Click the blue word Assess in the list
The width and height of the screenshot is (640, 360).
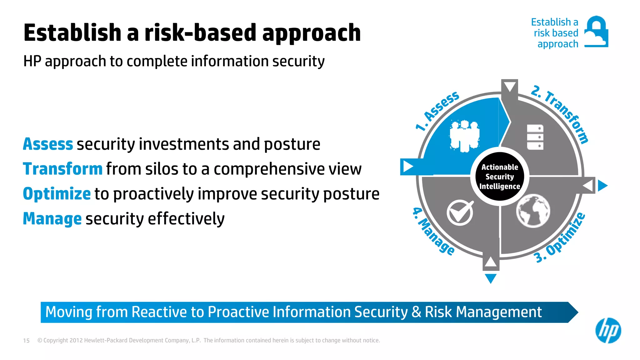click(48, 144)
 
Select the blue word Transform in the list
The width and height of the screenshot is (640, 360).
click(62, 169)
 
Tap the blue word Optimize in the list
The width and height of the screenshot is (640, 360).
click(57, 194)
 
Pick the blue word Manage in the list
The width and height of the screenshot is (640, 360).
click(52, 218)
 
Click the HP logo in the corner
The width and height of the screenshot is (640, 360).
click(608, 330)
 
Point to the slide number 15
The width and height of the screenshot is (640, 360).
click(26, 341)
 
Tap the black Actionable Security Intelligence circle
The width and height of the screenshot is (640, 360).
click(499, 177)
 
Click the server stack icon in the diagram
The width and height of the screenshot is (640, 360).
click(535, 137)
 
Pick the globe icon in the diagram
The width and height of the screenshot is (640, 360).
click(533, 211)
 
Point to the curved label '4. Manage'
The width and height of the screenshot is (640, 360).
click(433, 232)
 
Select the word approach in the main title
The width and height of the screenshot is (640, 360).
click(311, 33)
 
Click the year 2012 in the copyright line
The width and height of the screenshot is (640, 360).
click(76, 341)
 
